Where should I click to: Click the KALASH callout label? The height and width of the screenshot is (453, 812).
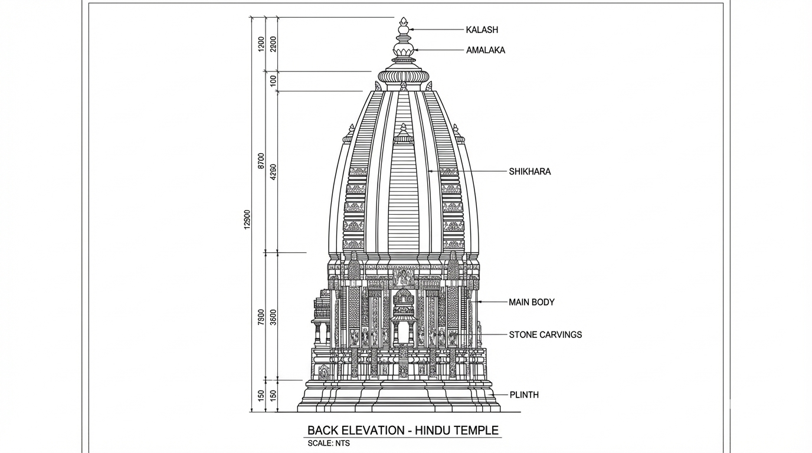pos(482,30)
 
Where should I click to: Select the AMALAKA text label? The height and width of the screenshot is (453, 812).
pos(485,51)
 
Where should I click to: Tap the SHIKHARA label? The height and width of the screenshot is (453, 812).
pos(529,172)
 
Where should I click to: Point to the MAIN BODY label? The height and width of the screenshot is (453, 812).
pos(531,303)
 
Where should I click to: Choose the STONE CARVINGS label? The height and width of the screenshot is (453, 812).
pos(545,335)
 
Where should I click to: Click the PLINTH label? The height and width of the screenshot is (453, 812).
pos(523,395)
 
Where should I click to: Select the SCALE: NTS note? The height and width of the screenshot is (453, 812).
pos(328,444)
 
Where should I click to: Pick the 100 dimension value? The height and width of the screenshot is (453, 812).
pos(273,81)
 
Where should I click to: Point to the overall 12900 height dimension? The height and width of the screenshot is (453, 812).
pos(247,219)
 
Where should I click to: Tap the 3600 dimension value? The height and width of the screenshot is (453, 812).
pos(273,317)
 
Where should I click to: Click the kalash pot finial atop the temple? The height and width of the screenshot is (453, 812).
pos(404,28)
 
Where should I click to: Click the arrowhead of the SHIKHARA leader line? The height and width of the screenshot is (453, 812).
pos(430,172)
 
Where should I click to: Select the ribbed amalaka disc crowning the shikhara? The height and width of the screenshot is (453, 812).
pos(404,76)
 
